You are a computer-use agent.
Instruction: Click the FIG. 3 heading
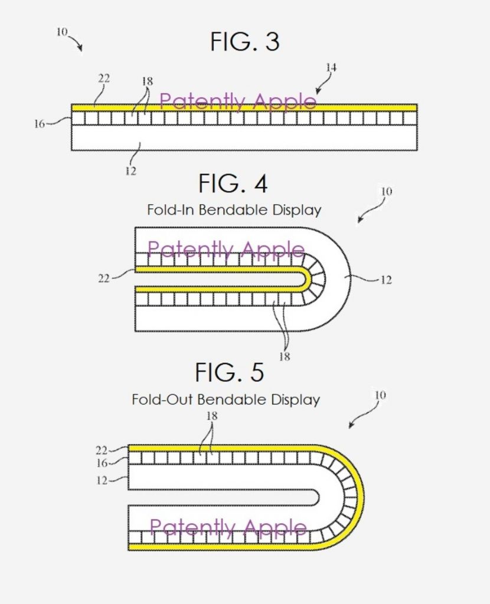pos(244,42)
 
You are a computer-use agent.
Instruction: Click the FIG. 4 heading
pos(233,183)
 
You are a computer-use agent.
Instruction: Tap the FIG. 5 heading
pos(230,372)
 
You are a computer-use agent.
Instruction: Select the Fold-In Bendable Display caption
pos(234,210)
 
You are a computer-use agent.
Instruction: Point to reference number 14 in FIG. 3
pos(331,68)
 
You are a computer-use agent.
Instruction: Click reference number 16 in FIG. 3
pos(39,124)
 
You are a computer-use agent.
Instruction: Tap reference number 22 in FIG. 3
pos(104,78)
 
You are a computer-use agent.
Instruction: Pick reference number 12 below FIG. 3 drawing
pos(131,171)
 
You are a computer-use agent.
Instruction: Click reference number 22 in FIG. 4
pos(104,278)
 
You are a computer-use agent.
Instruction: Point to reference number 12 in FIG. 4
pos(386,280)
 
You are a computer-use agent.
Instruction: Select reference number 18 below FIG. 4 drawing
pos(284,357)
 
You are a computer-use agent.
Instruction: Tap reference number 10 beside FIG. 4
pos(386,192)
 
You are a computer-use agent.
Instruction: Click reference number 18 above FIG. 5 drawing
pos(211,416)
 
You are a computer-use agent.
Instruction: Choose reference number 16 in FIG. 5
pos(102,464)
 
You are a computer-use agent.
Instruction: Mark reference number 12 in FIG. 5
pos(102,481)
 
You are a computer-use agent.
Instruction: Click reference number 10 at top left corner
pos(62,32)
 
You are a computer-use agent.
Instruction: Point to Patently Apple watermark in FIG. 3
pos(238,101)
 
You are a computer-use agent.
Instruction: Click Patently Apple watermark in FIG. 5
pos(228,527)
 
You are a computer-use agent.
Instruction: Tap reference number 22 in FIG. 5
pos(102,450)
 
